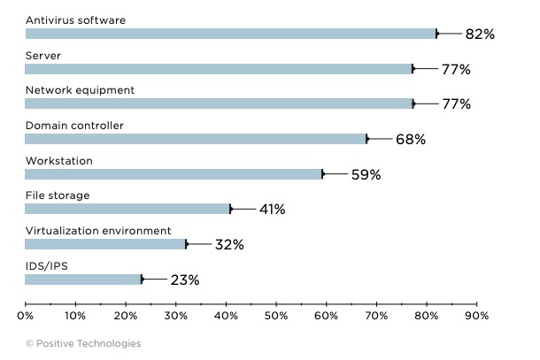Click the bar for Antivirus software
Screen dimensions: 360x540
(x=230, y=34)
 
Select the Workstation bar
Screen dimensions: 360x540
(x=173, y=174)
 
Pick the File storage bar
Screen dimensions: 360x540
(x=127, y=210)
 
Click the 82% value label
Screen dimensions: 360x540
(x=479, y=34)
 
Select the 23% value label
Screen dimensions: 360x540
(x=184, y=280)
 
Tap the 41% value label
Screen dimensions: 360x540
(x=271, y=210)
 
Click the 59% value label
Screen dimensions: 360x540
(x=366, y=174)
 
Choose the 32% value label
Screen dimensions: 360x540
(x=229, y=244)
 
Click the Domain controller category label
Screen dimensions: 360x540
(x=74, y=126)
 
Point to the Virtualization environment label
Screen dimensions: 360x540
(x=97, y=231)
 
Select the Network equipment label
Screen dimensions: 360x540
(x=80, y=90)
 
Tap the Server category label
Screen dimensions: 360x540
(x=42, y=55)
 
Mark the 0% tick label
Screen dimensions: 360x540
(x=25, y=315)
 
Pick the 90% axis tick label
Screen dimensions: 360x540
(x=477, y=315)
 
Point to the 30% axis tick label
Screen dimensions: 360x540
(x=175, y=315)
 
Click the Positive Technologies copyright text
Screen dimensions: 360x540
(x=82, y=343)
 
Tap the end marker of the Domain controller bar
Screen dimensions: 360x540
(x=366, y=139)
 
